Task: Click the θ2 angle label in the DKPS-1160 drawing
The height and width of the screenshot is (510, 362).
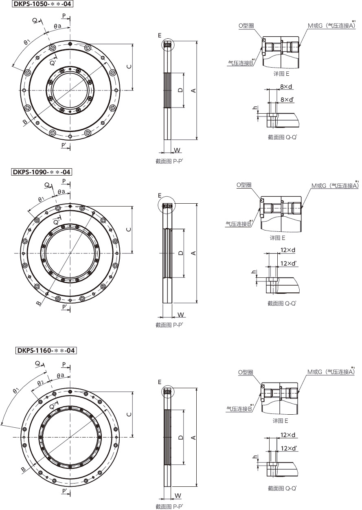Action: click(x=40, y=383)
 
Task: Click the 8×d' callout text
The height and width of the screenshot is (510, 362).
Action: click(x=287, y=100)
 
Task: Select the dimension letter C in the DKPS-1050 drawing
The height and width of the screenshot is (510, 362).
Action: click(x=129, y=67)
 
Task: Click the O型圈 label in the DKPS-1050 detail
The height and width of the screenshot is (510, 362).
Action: click(x=246, y=26)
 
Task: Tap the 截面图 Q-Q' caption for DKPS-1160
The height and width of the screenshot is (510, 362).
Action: click(x=282, y=488)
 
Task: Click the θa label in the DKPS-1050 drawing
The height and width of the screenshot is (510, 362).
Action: click(x=58, y=25)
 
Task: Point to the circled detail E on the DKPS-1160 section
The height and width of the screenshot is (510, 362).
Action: click(x=166, y=392)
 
